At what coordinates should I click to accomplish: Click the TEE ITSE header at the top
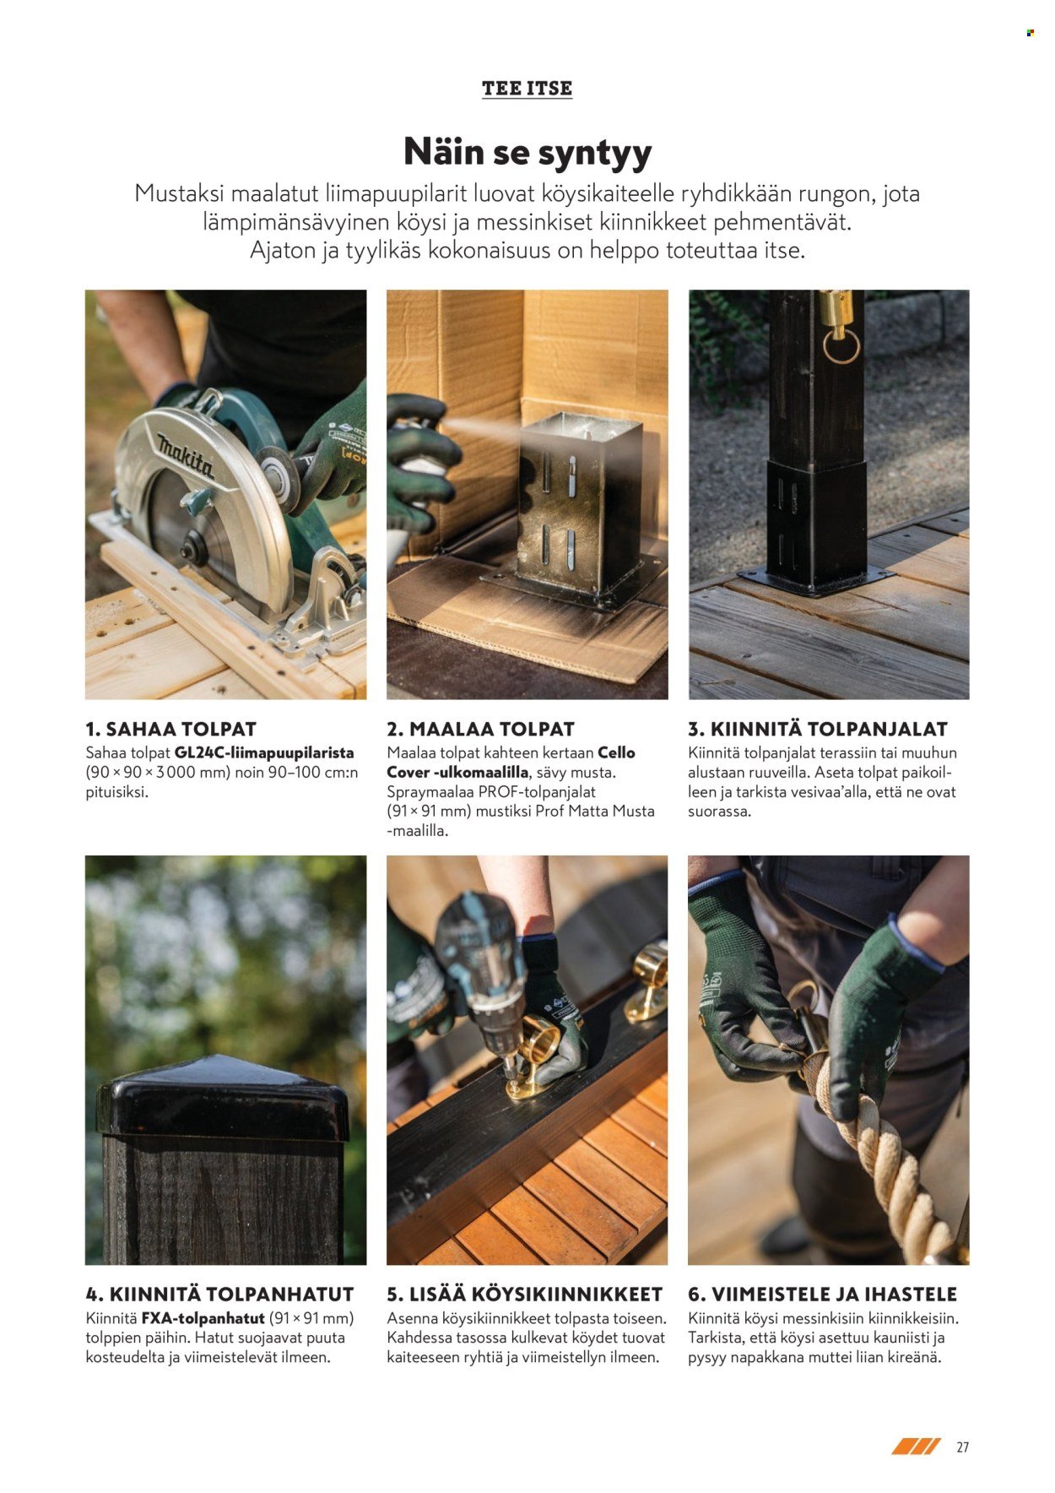(x=527, y=88)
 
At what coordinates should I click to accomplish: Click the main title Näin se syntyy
(x=527, y=151)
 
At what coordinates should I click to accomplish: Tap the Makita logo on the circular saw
(x=186, y=456)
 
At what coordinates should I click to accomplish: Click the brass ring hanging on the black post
(x=841, y=346)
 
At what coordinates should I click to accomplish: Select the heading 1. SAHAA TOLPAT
(x=170, y=729)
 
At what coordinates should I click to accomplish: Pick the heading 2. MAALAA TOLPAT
(x=480, y=729)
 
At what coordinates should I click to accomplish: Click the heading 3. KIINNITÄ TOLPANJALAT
(x=818, y=729)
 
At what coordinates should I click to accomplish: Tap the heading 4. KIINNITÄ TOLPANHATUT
(x=219, y=1294)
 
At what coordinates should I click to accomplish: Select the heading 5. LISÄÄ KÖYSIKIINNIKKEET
(x=525, y=1294)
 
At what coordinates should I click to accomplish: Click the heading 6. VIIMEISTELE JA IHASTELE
(x=823, y=1294)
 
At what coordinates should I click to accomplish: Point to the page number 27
(x=962, y=1447)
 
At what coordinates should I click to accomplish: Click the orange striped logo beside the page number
(x=916, y=1447)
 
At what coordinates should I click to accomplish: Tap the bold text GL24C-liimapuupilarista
(x=264, y=752)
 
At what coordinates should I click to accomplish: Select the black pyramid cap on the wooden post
(x=223, y=1098)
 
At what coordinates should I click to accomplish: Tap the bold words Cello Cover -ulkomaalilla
(x=511, y=763)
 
